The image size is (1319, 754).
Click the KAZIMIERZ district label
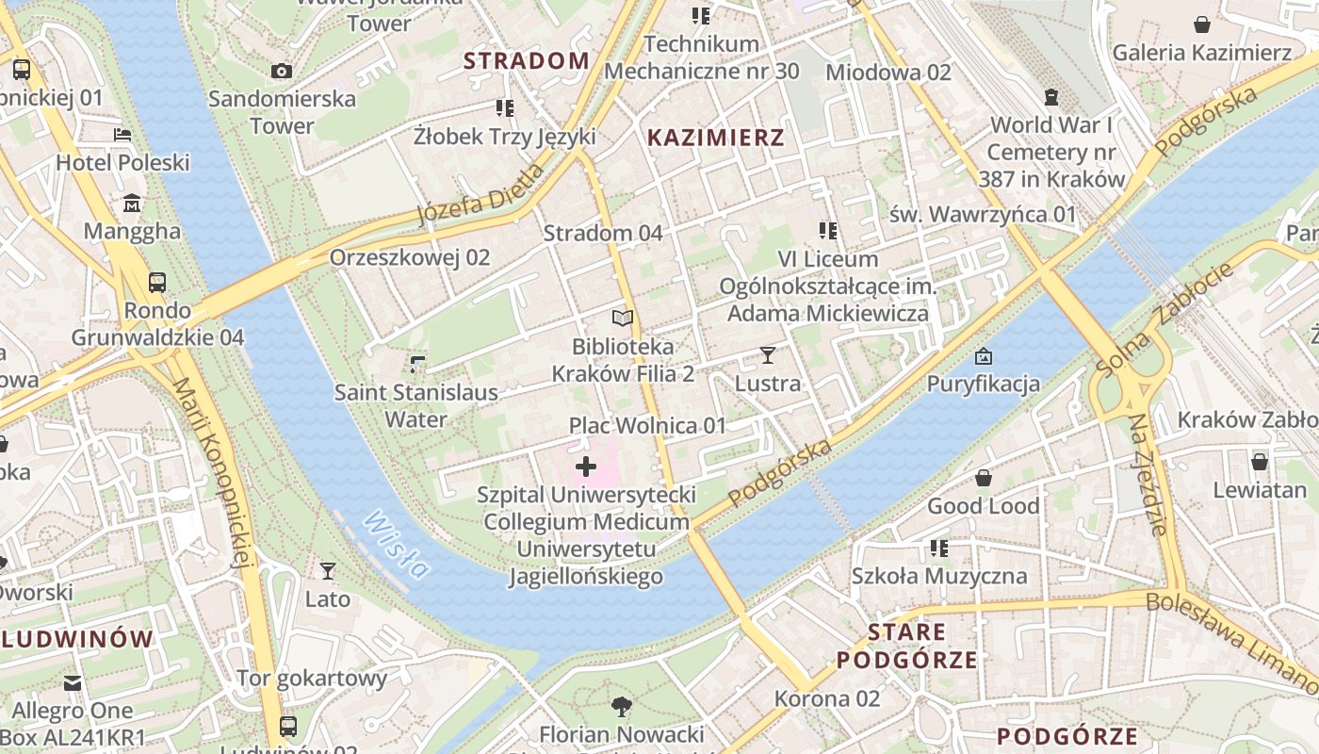[716, 138]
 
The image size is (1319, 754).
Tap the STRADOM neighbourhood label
[527, 61]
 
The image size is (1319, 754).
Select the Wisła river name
[397, 544]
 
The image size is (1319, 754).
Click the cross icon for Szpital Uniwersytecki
[586, 466]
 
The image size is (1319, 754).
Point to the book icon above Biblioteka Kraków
[623, 319]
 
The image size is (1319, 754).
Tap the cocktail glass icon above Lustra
[768, 355]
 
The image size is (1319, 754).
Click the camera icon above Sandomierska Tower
[281, 71]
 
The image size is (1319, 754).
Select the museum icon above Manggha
[131, 203]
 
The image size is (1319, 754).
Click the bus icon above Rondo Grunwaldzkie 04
[157, 282]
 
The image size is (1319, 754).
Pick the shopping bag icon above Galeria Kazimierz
[1202, 24]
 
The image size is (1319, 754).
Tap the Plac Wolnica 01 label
[648, 425]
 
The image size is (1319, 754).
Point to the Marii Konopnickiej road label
[213, 471]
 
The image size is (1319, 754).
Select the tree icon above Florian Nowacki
[621, 706]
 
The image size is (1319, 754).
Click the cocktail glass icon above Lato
[327, 570]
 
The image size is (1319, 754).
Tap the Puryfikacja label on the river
[984, 384]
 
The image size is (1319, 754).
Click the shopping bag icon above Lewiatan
[1259, 462]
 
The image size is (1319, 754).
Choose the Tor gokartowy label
[312, 678]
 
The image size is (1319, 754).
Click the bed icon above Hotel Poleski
[122, 135]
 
